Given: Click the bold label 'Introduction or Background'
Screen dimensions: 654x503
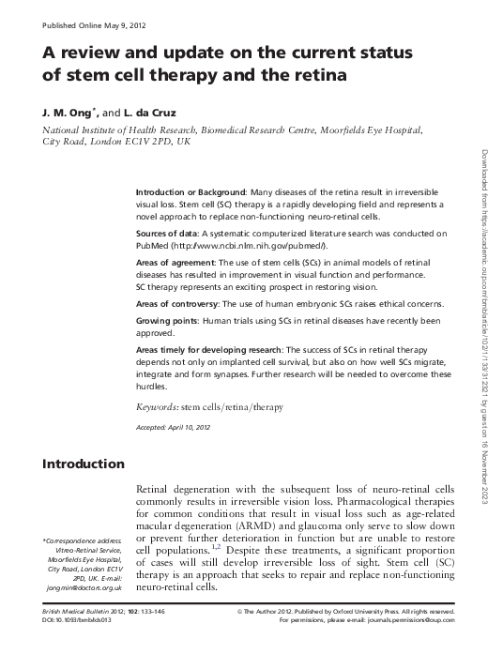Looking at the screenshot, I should point(191,190).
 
